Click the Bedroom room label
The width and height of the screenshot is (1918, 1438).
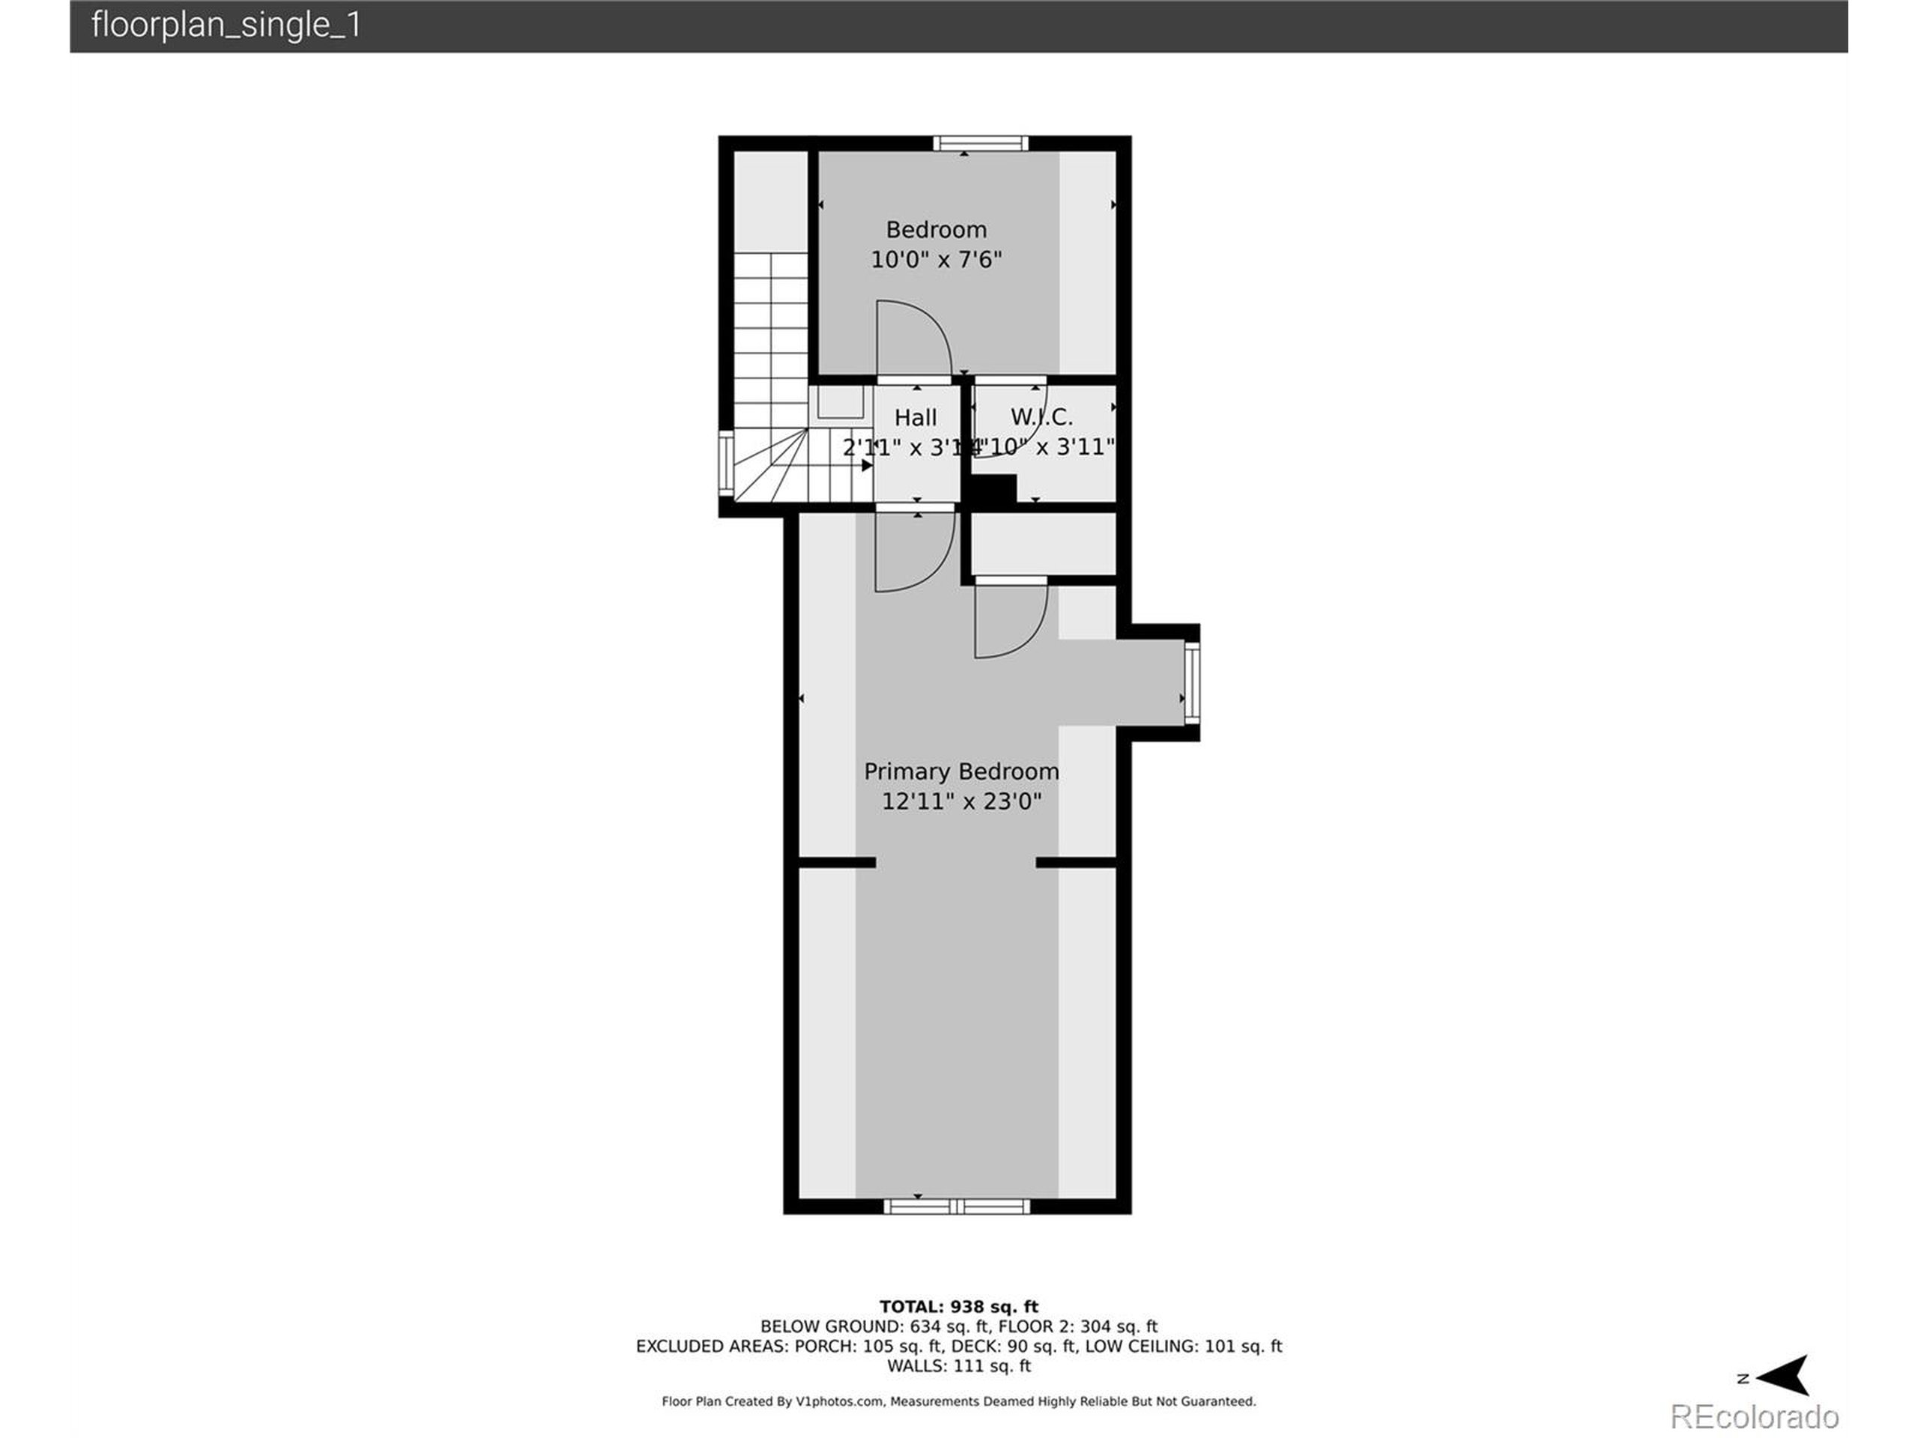pyautogui.click(x=936, y=230)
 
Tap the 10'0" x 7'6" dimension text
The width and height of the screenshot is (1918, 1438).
pyautogui.click(x=936, y=259)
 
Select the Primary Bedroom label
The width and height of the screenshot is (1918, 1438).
pyautogui.click(x=960, y=771)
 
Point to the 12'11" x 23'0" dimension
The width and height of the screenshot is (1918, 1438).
pyautogui.click(x=960, y=801)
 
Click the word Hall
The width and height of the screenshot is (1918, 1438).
pyautogui.click(x=915, y=418)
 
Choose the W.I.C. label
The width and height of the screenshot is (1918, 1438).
pyautogui.click(x=1041, y=417)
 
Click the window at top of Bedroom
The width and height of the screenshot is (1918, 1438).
pyautogui.click(x=981, y=143)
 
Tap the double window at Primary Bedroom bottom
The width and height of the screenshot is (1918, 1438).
pyautogui.click(x=957, y=1206)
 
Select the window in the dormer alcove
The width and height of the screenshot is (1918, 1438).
pyautogui.click(x=1191, y=682)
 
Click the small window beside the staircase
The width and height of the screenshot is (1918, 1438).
pyautogui.click(x=727, y=463)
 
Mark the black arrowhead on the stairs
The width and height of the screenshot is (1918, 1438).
pyautogui.click(x=866, y=465)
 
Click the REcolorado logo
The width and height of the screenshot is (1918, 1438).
pyautogui.click(x=1753, y=1416)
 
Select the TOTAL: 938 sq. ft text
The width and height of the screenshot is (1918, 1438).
pyautogui.click(x=958, y=1306)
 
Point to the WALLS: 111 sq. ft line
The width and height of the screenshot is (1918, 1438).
pyautogui.click(x=958, y=1366)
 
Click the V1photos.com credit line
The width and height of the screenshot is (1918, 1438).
pyautogui.click(x=958, y=1401)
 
